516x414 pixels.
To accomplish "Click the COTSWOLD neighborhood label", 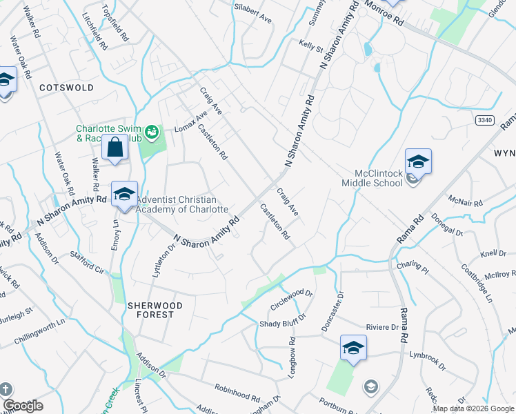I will pyautogui.click(x=66, y=88).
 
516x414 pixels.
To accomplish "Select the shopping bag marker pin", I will pyautogui.click(x=115, y=148).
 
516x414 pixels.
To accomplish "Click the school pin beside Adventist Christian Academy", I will pyautogui.click(x=125, y=194).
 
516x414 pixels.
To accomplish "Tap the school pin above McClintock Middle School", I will pyautogui.click(x=418, y=161).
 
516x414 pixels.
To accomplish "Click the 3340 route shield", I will pyautogui.click(x=485, y=120).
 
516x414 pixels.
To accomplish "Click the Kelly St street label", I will pyautogui.click(x=311, y=46).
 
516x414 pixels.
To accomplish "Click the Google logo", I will pyautogui.click(x=23, y=406).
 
